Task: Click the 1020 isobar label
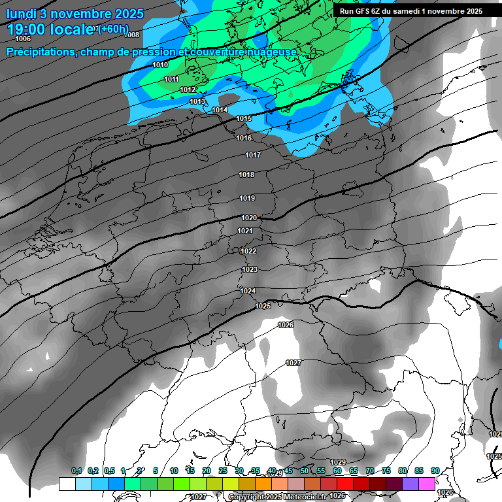click(248, 218)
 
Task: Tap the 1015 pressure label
click(244, 118)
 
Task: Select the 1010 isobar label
click(160, 65)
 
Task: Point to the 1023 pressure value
click(250, 269)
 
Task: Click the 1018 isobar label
click(246, 175)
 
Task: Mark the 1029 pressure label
click(338, 462)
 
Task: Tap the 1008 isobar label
click(131, 35)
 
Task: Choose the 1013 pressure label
click(198, 101)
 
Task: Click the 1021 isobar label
click(245, 231)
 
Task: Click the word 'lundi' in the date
click(24, 14)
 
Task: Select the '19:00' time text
click(27, 29)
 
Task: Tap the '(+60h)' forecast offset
click(114, 29)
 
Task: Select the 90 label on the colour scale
click(435, 471)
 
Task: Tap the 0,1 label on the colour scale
click(76, 471)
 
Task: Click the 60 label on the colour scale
click(337, 471)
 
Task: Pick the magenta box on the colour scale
click(427, 484)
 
